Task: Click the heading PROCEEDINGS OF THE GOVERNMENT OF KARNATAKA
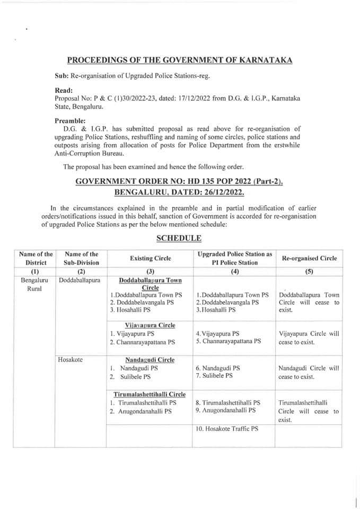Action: pyautogui.click(x=180, y=61)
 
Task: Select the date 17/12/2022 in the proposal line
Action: pyautogui.click(x=200, y=99)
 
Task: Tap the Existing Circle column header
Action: pyautogui.click(x=150, y=258)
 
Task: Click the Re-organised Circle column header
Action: pyautogui.click(x=308, y=258)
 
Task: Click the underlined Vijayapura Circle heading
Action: pyautogui.click(x=150, y=325)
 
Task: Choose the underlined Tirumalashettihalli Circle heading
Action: pyautogui.click(x=150, y=394)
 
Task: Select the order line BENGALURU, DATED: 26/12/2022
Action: pyautogui.click(x=179, y=192)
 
